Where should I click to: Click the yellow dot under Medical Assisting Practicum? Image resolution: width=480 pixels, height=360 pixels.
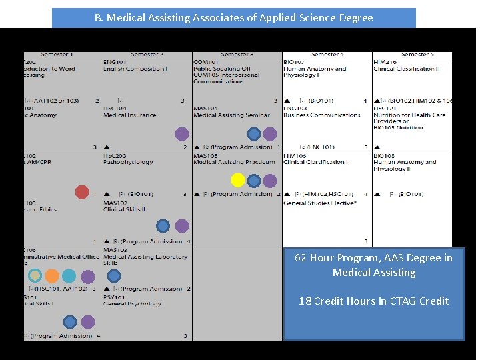click(237, 180)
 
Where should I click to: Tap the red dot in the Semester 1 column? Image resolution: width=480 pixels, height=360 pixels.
click(82, 192)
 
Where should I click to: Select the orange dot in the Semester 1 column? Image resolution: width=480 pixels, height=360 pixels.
click(52, 275)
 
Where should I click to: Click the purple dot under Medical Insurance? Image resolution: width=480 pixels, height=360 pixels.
click(182, 134)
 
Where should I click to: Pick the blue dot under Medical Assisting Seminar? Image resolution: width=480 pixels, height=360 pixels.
click(254, 134)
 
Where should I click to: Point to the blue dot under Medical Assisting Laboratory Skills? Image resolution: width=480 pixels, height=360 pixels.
click(114, 275)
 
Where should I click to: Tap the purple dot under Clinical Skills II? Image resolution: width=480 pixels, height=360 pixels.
click(182, 226)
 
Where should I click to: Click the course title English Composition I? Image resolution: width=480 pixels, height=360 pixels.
click(135, 69)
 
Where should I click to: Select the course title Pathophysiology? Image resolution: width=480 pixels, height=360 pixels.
click(128, 162)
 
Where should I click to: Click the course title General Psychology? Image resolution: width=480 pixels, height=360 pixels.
click(132, 304)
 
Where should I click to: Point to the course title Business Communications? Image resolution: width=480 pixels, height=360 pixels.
click(321, 115)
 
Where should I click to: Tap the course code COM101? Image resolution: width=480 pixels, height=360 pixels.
click(205, 62)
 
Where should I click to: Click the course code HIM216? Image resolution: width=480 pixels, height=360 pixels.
click(385, 62)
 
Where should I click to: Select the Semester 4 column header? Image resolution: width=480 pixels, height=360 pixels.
click(327, 55)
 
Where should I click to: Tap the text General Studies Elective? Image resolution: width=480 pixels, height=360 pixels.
click(319, 203)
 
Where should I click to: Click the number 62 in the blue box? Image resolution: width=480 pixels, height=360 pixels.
click(301, 258)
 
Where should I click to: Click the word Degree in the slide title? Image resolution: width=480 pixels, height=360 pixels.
click(357, 18)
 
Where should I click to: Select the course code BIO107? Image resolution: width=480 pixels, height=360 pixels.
click(294, 62)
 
